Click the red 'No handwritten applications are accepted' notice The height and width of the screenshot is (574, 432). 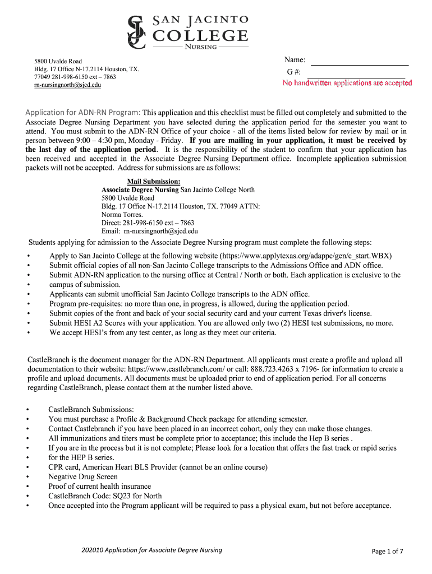[347, 84]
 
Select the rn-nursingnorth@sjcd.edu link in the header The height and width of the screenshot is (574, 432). [67, 85]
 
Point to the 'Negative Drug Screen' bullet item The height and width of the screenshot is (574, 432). [83, 477]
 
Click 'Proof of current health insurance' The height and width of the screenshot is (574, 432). [99, 487]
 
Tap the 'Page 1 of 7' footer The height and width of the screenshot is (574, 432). [388, 551]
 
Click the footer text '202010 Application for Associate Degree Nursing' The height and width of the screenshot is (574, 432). [151, 550]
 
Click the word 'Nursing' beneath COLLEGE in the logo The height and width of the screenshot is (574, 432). [201, 47]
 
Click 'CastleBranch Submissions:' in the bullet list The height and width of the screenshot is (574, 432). [91, 410]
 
